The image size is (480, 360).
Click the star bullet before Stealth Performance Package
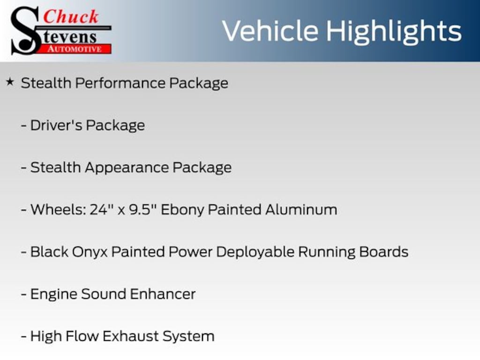pos(10,82)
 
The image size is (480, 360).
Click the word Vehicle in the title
pos(270,31)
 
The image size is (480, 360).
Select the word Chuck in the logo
pos(71,17)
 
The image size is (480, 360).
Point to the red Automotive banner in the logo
pos(78,49)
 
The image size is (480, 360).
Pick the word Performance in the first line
pos(120,83)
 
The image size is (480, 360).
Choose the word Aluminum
pos(301,210)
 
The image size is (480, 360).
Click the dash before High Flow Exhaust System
pos(24,337)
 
